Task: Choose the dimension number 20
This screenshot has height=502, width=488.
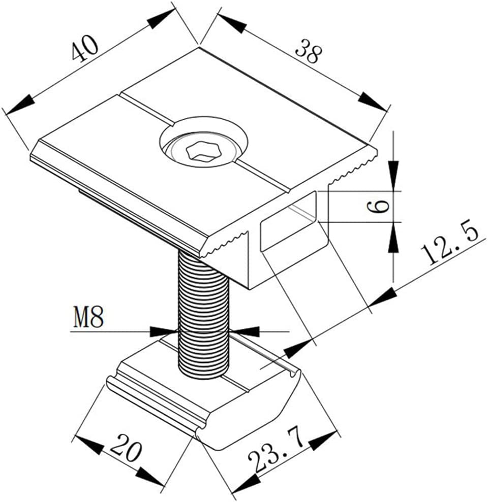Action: coord(125,447)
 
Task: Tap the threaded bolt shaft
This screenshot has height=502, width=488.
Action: coord(203,315)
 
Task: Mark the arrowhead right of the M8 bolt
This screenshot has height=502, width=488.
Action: coord(246,331)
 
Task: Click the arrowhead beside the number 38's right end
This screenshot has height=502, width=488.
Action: coord(372,101)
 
